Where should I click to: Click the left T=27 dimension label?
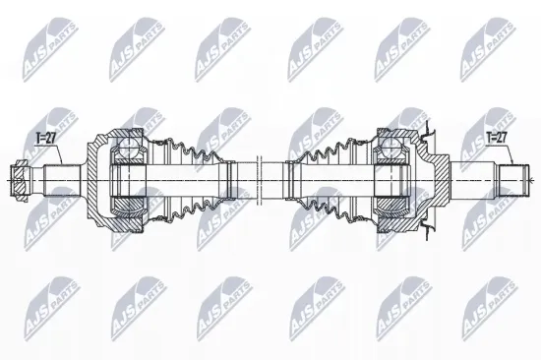coord(46,138)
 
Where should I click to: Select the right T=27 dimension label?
coord(496,138)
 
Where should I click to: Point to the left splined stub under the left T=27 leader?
coord(63,180)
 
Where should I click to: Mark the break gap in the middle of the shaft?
coord(260,180)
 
